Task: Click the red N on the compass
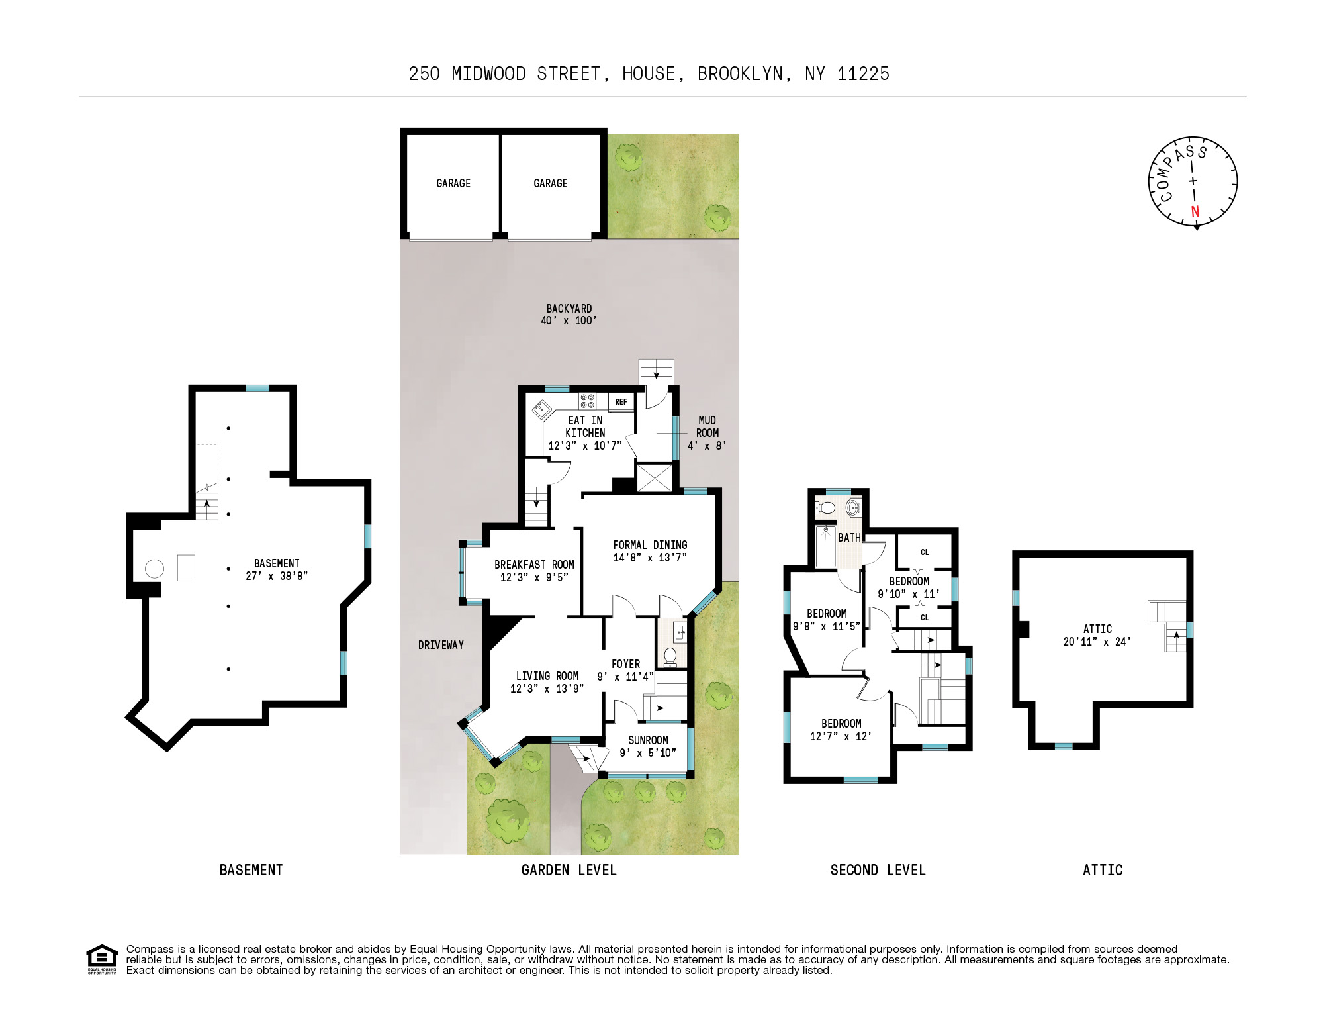click(1195, 211)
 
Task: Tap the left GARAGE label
click(453, 183)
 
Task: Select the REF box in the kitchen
click(621, 402)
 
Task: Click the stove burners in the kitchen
click(587, 401)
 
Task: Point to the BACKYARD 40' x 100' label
click(569, 315)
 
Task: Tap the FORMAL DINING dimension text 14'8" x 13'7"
click(649, 558)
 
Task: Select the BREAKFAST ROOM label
click(534, 565)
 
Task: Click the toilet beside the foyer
click(670, 656)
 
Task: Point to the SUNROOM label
click(648, 740)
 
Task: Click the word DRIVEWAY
click(441, 645)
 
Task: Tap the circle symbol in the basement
click(154, 569)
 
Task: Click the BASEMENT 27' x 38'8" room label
click(277, 569)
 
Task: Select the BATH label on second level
click(849, 538)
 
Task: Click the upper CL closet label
click(925, 552)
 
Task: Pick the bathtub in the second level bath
click(825, 547)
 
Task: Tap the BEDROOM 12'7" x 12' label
click(841, 730)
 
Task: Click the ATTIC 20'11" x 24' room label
click(1097, 635)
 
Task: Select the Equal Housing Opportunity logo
click(102, 959)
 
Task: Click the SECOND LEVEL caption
click(878, 870)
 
